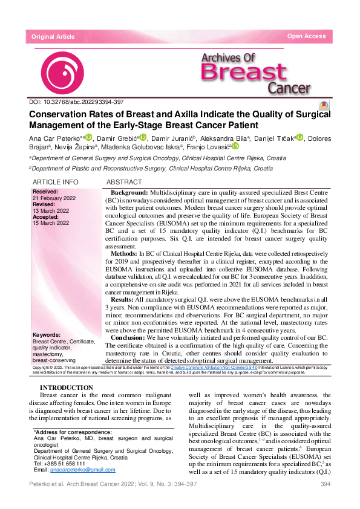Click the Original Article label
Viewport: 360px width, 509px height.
pos(53,37)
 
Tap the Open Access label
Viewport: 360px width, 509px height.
pos(306,37)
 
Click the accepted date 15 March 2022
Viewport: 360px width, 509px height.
pos(50,223)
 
